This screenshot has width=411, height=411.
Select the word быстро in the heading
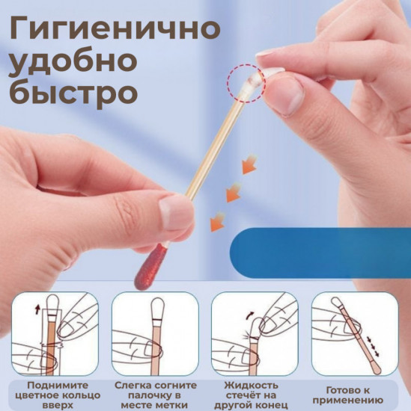[x=73, y=96]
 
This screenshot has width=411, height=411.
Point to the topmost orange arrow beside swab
[x=249, y=164]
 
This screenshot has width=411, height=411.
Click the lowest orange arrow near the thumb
[x=217, y=222]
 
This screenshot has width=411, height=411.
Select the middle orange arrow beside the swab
[x=234, y=193]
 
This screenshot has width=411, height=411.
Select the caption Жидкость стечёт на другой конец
[x=255, y=393]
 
